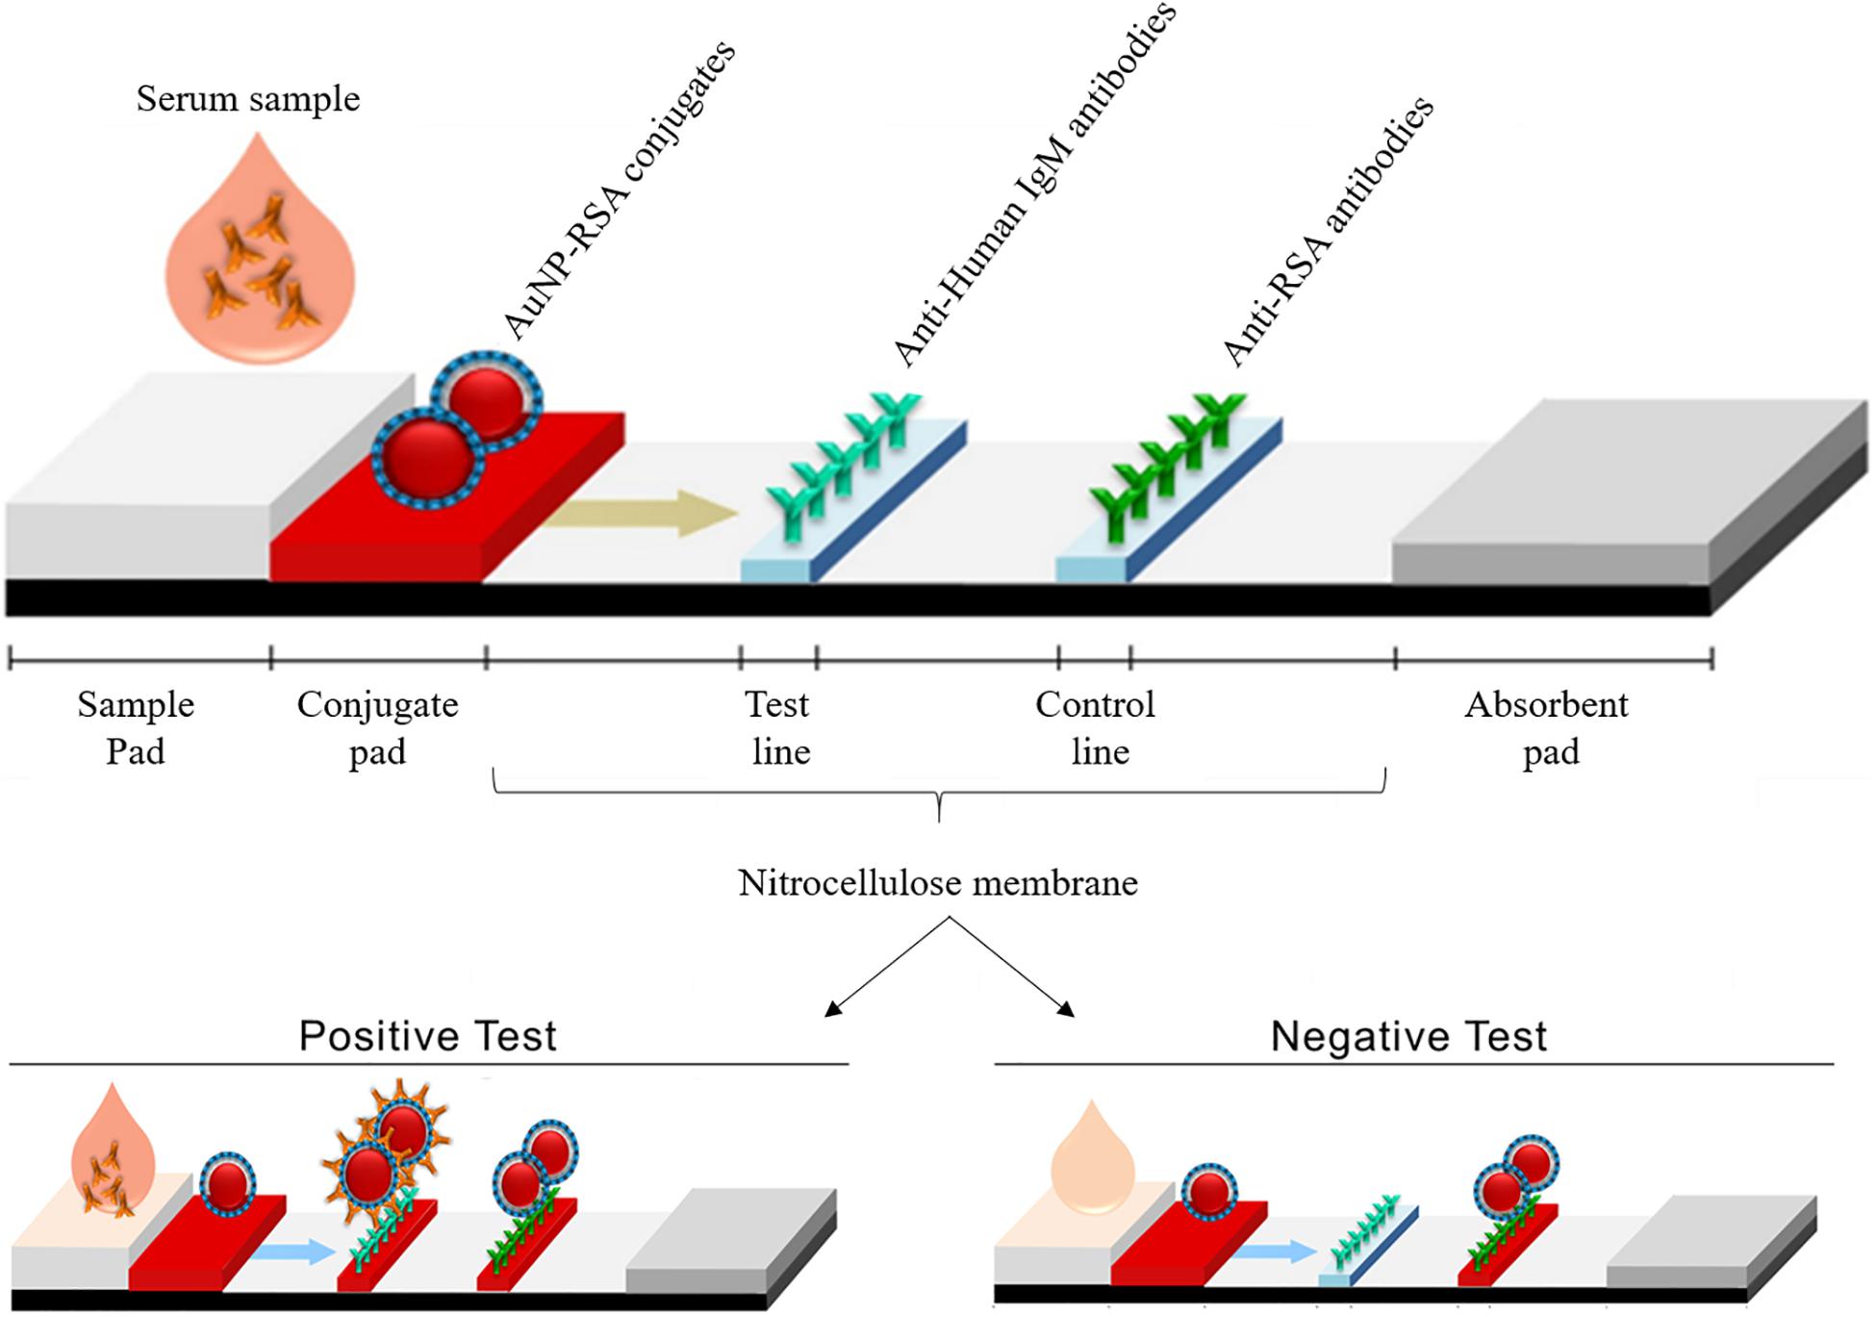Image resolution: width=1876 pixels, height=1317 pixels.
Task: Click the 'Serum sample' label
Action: click(247, 98)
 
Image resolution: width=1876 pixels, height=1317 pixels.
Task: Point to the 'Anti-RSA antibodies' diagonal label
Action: click(1328, 231)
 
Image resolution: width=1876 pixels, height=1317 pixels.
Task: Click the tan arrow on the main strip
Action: click(640, 514)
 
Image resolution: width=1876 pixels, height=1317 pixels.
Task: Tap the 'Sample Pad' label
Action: click(136, 727)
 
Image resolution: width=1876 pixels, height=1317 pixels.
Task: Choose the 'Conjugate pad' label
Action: click(377, 727)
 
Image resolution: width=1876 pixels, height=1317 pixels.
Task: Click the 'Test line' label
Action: click(779, 727)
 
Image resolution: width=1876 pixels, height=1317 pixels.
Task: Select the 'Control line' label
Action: click(1097, 727)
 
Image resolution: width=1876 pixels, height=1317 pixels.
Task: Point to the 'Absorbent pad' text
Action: click(1547, 727)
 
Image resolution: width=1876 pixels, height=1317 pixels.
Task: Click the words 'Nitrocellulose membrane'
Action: click(938, 882)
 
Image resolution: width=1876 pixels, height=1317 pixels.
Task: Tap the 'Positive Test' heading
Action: click(428, 1036)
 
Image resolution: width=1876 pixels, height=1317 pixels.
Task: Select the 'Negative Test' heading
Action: click(1408, 1036)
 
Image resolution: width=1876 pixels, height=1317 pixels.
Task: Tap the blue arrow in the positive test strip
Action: click(293, 1252)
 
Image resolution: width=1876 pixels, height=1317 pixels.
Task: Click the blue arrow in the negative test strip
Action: click(1275, 1252)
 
